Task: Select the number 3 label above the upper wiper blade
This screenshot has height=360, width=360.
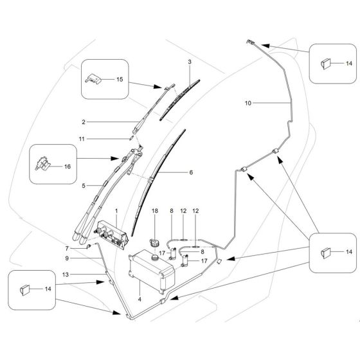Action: pos(190,62)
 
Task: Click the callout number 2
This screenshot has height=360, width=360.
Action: pos(84,121)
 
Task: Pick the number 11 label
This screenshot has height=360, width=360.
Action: pos(82,138)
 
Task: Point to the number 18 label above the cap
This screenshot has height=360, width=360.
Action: pos(154,212)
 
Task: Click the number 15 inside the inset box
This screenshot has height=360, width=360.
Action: pos(118,80)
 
